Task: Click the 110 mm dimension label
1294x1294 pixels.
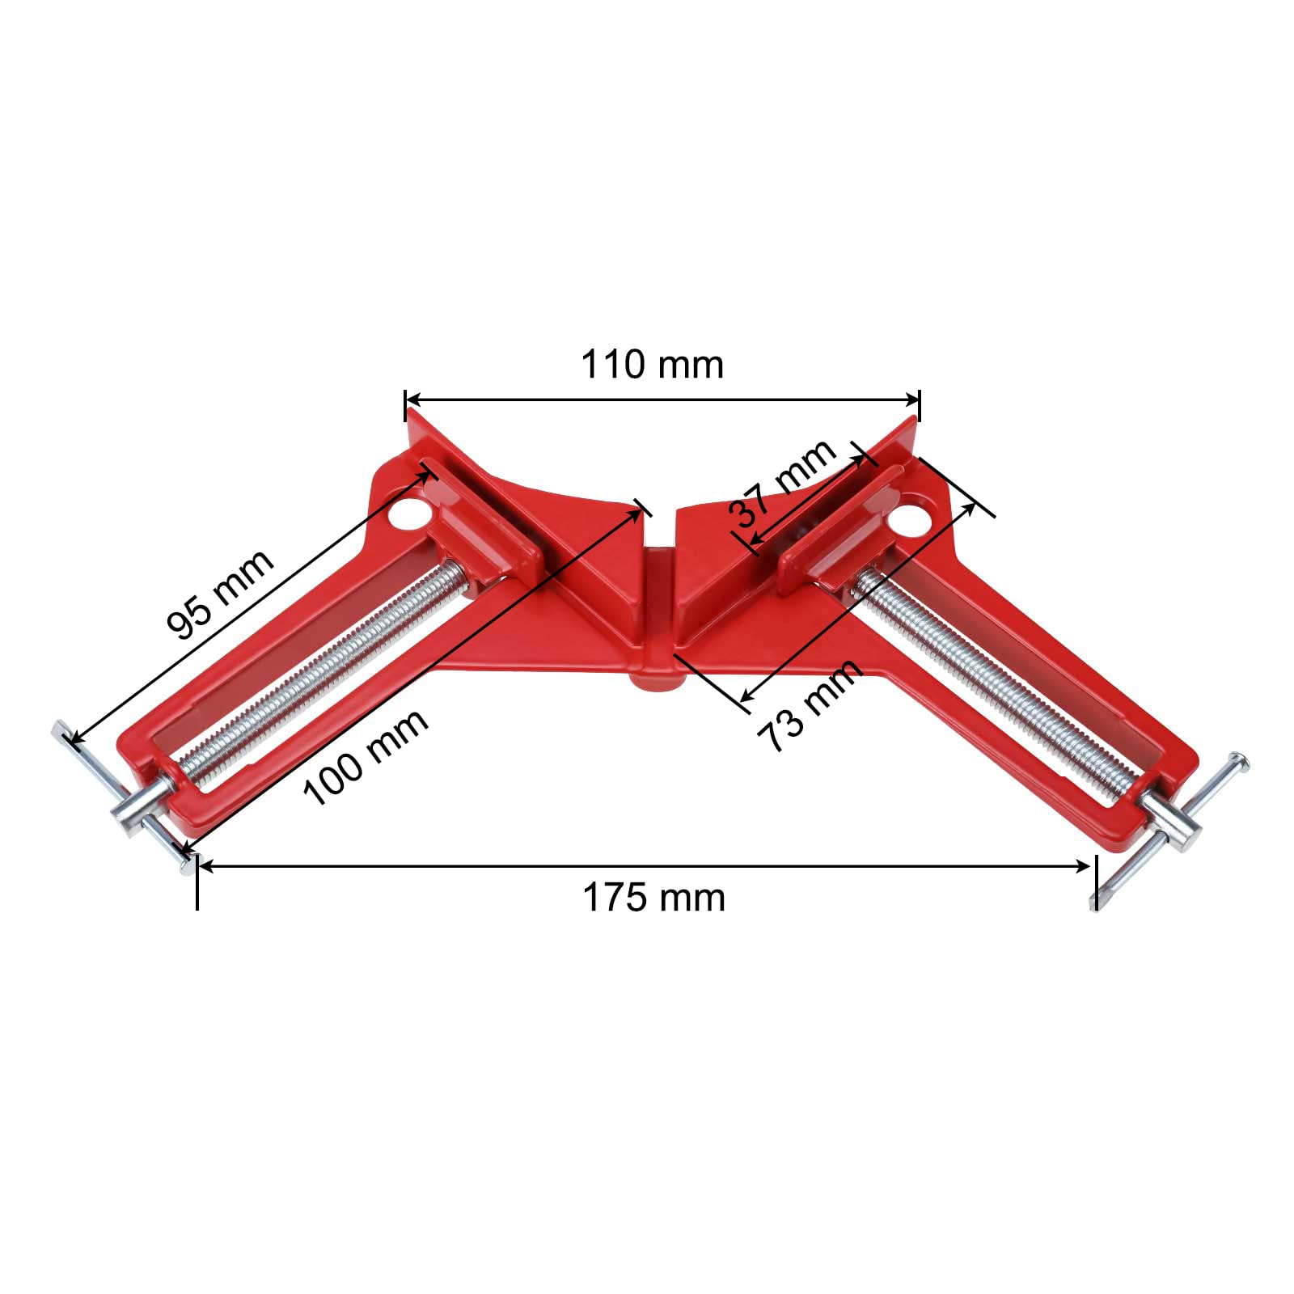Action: click(x=652, y=365)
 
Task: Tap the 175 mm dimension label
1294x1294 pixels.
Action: click(x=653, y=898)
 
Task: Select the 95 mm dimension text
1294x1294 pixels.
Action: click(x=220, y=594)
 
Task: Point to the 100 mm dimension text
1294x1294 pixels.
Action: click(x=366, y=758)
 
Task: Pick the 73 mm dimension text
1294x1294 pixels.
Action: click(x=810, y=706)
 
